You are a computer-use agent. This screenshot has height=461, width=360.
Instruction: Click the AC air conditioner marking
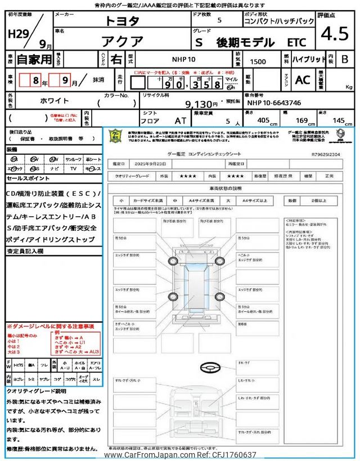[302, 80]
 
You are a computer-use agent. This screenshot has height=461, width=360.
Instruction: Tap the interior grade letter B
[345, 59]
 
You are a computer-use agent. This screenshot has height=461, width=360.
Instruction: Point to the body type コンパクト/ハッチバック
[279, 21]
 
